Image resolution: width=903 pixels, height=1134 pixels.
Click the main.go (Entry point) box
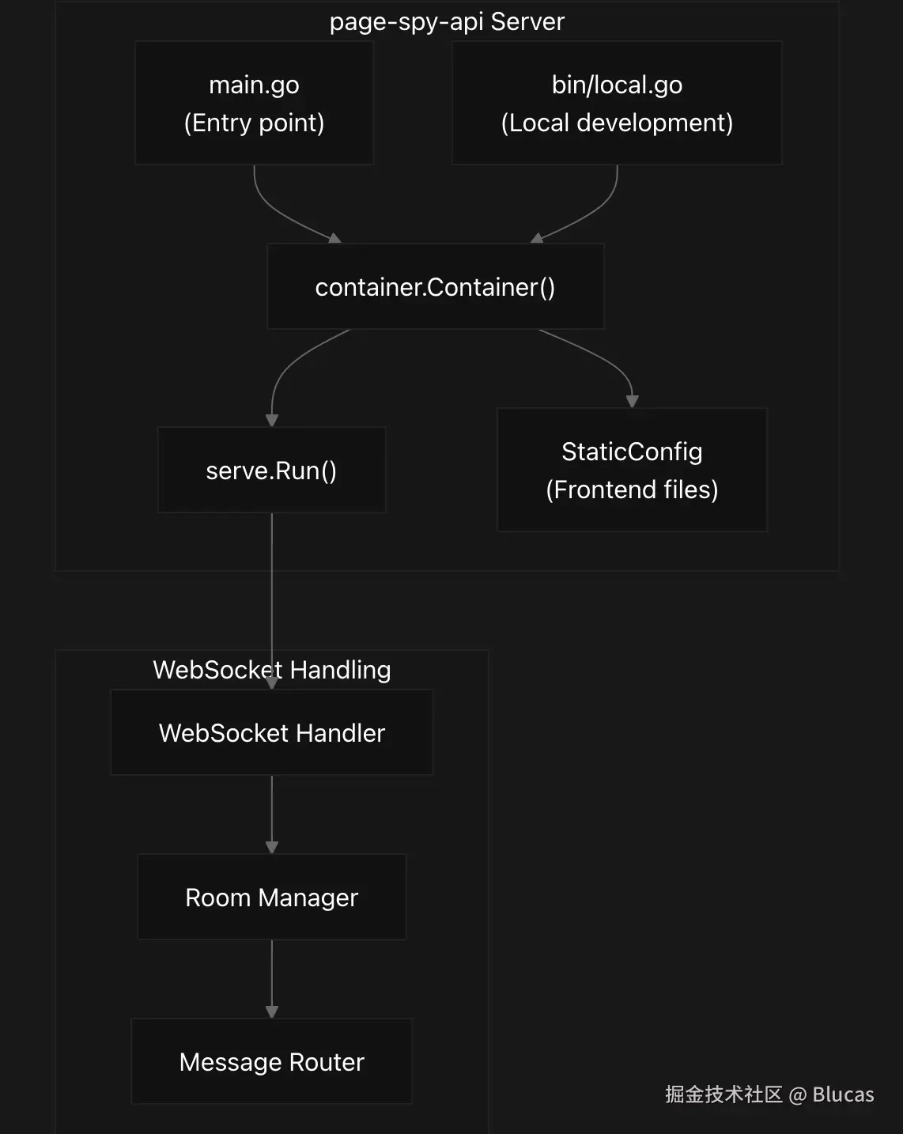coord(254,103)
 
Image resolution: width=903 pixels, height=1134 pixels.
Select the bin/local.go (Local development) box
coord(617,103)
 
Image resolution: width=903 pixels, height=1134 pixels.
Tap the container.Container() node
coord(435,286)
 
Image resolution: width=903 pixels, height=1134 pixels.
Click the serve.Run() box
coord(271,470)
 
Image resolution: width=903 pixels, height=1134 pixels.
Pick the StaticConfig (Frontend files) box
coord(632,470)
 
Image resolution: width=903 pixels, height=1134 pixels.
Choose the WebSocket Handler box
coord(271,732)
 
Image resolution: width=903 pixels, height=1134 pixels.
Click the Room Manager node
coord(271,897)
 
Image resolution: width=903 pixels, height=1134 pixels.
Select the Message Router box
coord(271,1061)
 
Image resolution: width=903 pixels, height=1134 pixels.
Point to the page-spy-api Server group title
coord(447,21)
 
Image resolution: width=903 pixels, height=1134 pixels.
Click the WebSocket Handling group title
coord(271,670)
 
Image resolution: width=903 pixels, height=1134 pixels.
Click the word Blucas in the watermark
coord(843,1094)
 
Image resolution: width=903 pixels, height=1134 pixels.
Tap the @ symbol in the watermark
coord(797,1094)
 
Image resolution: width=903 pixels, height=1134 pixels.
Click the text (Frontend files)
coord(632,490)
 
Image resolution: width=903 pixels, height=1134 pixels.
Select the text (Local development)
coord(617,123)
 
